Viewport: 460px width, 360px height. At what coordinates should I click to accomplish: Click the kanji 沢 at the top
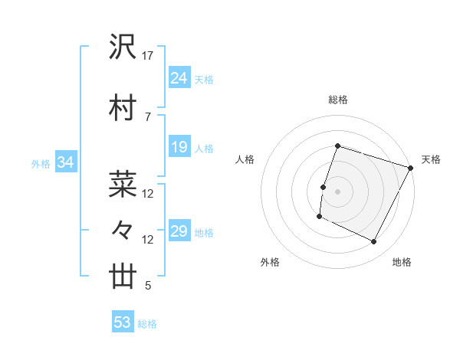point(123,47)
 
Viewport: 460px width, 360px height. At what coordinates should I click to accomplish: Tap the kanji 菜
point(123,183)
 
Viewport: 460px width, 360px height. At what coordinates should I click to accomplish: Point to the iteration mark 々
point(123,229)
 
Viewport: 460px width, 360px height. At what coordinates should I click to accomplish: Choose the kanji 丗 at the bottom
point(123,276)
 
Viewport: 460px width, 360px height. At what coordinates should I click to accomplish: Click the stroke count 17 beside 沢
point(148,56)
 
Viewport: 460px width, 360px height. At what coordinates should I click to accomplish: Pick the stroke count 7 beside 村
point(147,116)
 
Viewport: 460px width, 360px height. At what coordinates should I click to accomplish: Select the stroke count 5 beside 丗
point(147,286)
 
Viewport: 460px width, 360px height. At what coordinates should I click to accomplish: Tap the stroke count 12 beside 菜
point(148,193)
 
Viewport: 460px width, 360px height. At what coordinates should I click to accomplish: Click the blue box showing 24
point(179,77)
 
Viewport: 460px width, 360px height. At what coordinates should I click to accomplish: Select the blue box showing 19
point(179,146)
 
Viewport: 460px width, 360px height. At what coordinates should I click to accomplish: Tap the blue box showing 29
point(179,231)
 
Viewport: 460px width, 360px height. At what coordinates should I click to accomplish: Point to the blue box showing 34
point(66,162)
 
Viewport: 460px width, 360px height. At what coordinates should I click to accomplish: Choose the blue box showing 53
point(123,322)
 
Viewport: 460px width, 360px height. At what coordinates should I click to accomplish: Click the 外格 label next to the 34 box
point(40,163)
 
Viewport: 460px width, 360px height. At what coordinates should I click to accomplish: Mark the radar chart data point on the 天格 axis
point(411,168)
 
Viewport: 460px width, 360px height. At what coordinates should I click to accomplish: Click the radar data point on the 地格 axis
point(374,242)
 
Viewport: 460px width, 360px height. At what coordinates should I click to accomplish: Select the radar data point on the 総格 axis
point(337,146)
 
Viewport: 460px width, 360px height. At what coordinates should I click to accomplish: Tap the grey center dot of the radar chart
point(337,191)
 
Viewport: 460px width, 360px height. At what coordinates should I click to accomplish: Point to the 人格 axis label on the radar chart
point(245,159)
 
